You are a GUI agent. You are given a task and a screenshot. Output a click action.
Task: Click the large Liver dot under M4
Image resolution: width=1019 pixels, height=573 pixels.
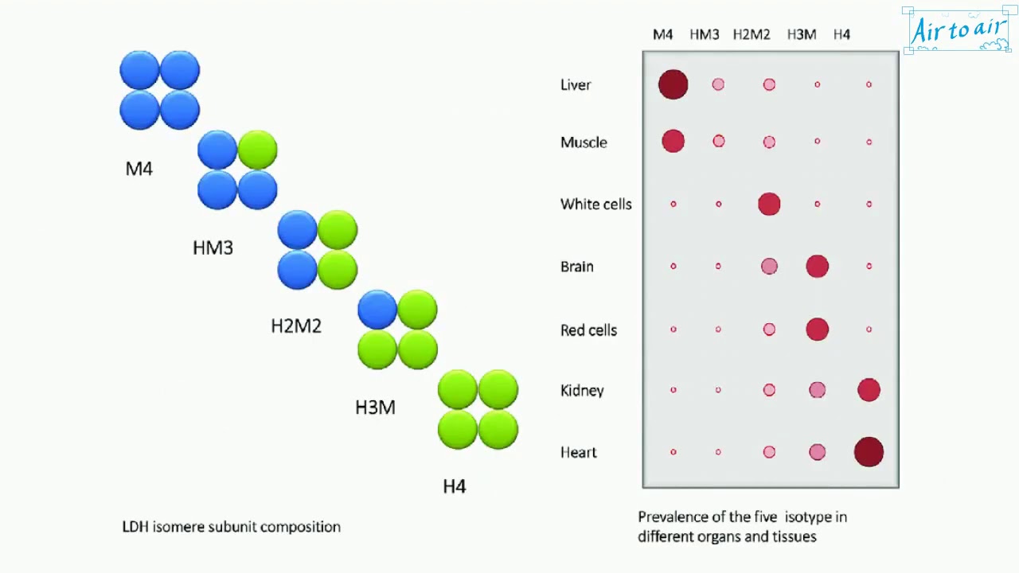coord(673,84)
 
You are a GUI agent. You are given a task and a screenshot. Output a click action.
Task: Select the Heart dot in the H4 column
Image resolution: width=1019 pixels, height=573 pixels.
coord(869,452)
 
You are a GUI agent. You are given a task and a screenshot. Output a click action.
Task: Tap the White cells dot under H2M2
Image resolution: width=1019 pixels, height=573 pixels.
coord(769,204)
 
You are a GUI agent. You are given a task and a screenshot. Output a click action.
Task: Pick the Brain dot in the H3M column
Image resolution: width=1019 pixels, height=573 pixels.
coord(817,266)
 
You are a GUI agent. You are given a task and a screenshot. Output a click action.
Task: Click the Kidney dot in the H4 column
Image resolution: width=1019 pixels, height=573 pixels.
coord(869,390)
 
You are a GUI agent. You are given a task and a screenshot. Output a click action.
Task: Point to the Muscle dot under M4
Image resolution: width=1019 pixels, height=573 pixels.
coord(673,142)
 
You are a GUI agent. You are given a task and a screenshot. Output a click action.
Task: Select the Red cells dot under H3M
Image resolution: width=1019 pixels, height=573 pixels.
coord(817,329)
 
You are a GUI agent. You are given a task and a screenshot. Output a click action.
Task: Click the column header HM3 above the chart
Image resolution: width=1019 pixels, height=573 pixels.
coord(705,34)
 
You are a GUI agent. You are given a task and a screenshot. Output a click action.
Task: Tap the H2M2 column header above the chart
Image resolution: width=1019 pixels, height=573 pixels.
coord(752,34)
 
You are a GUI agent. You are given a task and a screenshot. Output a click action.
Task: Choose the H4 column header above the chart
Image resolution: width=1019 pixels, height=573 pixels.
coord(841,34)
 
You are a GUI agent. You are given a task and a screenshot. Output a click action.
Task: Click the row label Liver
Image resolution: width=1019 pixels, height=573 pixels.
coord(576,85)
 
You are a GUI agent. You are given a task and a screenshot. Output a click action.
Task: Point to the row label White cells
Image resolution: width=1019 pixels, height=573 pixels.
coord(595,205)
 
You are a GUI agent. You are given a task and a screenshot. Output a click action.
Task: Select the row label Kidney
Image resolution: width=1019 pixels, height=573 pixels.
coord(582,391)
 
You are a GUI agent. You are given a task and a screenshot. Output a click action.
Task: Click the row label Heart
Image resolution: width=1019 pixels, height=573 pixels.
coord(579,453)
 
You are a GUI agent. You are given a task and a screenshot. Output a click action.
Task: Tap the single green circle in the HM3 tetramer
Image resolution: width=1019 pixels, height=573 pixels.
coord(257,150)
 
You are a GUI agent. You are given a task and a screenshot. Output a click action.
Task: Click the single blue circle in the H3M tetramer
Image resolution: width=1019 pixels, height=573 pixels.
coord(377,310)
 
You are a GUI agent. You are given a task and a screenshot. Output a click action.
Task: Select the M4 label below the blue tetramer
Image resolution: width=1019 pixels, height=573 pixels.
coord(139,169)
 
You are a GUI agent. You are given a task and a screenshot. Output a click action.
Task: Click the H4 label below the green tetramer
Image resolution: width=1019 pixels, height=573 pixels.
coord(455,486)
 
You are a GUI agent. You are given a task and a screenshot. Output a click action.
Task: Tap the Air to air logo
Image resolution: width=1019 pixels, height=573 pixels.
coord(959,30)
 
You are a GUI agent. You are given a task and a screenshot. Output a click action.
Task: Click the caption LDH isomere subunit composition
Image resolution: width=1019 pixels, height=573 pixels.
coord(231,527)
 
